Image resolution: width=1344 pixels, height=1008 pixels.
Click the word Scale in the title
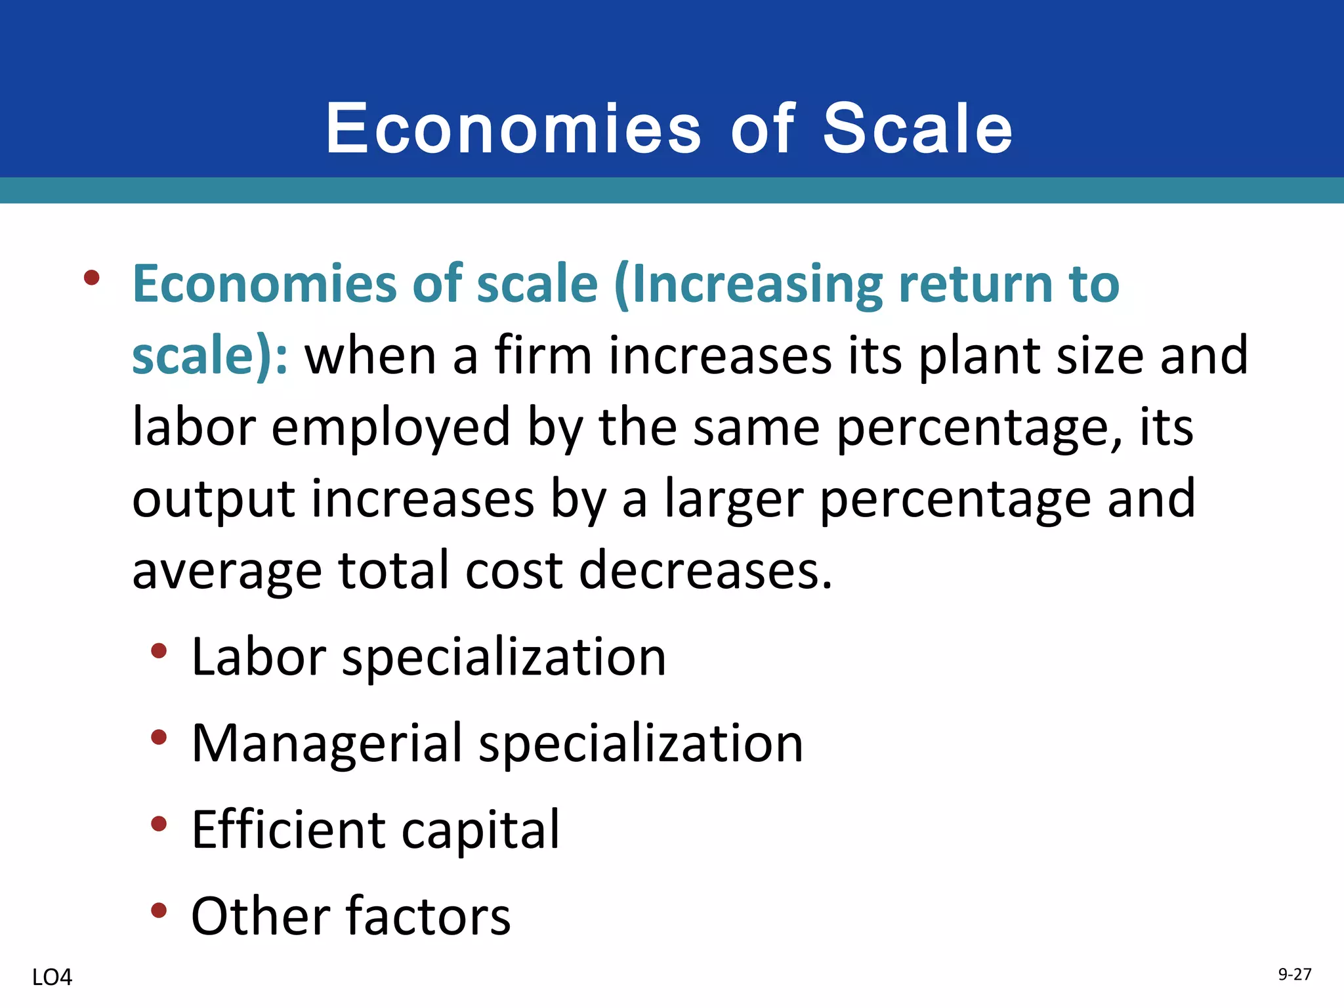pos(917,129)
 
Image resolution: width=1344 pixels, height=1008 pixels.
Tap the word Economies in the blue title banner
pos(513,129)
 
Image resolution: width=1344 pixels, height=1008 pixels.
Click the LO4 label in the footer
pos(52,978)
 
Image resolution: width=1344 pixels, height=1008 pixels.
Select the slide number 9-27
pos(1294,975)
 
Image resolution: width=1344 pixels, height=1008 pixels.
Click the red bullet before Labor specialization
pos(159,651)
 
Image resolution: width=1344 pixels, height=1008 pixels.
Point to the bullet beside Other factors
pos(159,910)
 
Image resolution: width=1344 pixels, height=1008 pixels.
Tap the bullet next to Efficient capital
pos(159,824)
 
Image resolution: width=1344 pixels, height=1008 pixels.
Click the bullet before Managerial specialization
pos(159,738)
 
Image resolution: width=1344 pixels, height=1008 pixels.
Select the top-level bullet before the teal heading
pos(92,278)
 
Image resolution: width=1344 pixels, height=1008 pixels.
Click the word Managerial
pos(327,744)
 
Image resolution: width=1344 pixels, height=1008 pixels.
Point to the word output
pos(213,499)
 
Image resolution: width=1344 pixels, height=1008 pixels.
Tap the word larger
pos(734,500)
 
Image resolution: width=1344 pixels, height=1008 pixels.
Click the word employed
pos(390,428)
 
